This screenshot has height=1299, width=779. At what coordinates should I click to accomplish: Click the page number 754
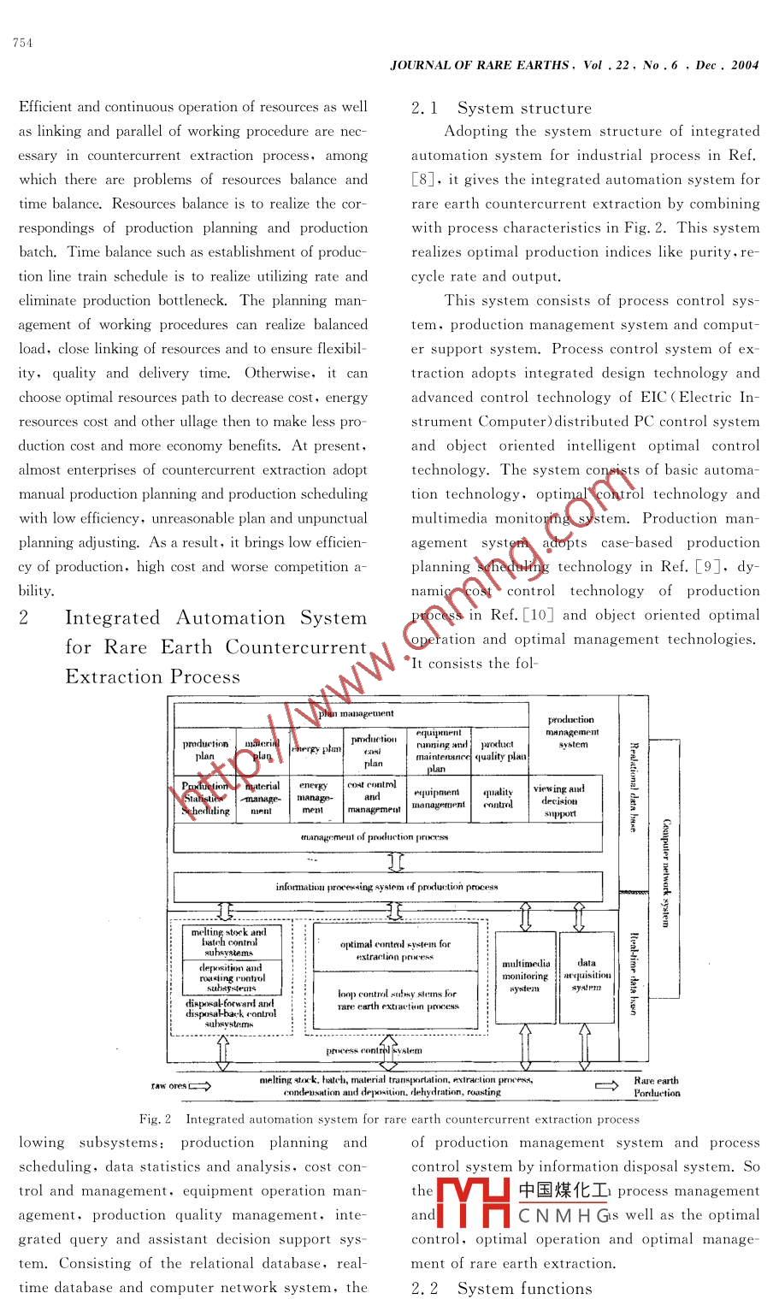coord(23,44)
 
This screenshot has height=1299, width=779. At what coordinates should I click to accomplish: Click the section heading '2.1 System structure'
coord(501,108)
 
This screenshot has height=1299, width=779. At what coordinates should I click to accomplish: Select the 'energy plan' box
coord(316,749)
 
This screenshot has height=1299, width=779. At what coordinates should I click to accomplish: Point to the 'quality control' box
coord(499,798)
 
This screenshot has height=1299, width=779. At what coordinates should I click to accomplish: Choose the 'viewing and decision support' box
coord(559,800)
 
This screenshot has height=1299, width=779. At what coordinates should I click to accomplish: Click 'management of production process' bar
coord(375,837)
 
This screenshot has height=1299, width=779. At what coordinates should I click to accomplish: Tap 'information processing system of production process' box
coord(387,887)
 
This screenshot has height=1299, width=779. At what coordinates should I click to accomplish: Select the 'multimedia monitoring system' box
coord(525,977)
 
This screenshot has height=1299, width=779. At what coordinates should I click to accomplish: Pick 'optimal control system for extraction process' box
coord(395,950)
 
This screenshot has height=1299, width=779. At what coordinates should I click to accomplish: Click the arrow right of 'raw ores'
coord(200,1086)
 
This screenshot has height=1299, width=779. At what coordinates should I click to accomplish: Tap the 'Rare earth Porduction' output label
coord(656,1087)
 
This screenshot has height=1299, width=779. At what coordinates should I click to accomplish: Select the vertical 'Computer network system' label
coord(666,872)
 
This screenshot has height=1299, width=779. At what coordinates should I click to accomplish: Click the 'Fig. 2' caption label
coord(155,1119)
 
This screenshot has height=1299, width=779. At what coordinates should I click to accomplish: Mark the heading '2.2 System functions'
coord(501,1288)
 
